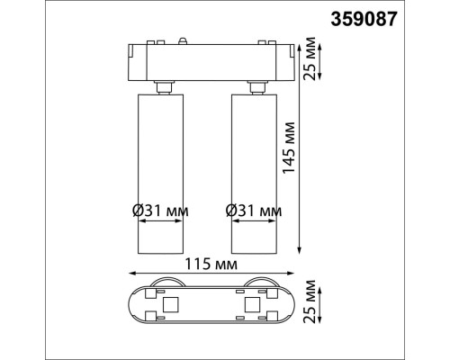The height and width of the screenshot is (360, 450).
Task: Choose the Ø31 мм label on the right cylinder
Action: click(254, 211)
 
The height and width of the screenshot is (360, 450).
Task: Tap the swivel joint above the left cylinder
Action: click(163, 86)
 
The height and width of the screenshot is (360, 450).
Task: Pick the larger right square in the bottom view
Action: click(251, 307)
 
